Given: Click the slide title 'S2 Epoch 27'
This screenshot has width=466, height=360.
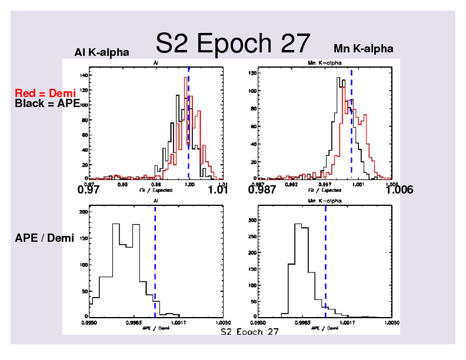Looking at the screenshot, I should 232,43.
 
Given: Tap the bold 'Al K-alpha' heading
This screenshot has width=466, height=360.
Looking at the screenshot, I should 102,53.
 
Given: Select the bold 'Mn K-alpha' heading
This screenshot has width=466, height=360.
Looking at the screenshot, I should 363,48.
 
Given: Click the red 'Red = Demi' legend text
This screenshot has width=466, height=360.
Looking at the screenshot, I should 45,93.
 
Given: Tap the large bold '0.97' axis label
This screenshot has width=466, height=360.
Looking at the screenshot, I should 88,191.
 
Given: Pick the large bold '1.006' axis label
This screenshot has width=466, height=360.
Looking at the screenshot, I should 400,191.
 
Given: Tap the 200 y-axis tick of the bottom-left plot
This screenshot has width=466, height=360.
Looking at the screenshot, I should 83,211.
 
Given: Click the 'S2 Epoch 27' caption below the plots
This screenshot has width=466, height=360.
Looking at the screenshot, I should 249,332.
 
